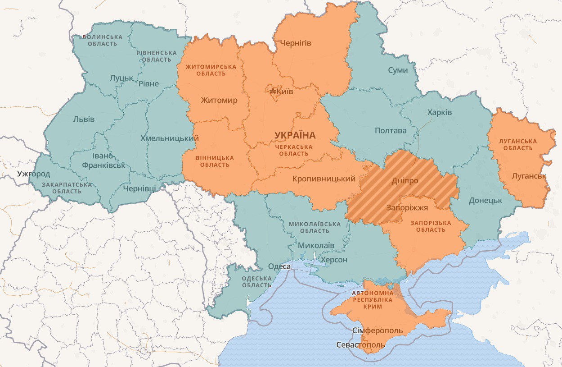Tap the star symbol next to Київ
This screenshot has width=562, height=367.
tap(272, 92)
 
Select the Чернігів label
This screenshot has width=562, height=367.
tap(296, 43)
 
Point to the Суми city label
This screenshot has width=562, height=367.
tap(398, 70)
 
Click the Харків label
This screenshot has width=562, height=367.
tap(440, 112)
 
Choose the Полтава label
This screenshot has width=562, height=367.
tap(390, 131)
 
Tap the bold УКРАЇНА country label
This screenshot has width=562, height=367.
tap(295, 135)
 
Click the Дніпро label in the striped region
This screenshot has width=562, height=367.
tap(405, 180)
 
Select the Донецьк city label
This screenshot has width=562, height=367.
tap(485, 200)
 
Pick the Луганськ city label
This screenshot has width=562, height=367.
tap(529, 176)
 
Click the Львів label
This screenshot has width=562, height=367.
tap(84, 119)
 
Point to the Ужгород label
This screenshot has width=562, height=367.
tap(34, 174)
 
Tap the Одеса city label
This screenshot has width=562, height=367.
tap(279, 266)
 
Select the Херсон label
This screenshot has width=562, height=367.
tap(333, 260)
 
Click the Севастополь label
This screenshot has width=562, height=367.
tap(361, 345)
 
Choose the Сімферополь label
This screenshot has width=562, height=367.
tap(378, 330)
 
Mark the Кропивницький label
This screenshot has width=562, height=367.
tap(324, 179)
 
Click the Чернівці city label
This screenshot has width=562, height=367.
tap(139, 188)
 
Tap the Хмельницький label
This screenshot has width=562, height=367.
tap(169, 138)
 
